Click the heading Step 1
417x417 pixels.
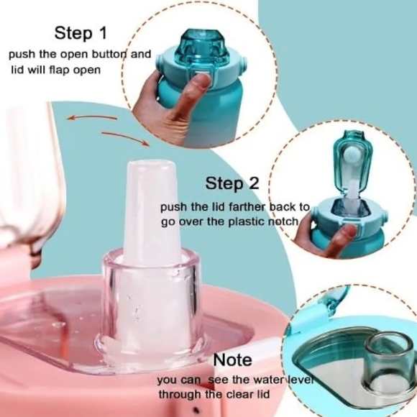(81, 33)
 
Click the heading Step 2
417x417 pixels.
(232, 183)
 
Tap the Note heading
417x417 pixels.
(232, 359)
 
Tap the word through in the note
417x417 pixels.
(180, 394)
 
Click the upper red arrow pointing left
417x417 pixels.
(92, 116)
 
